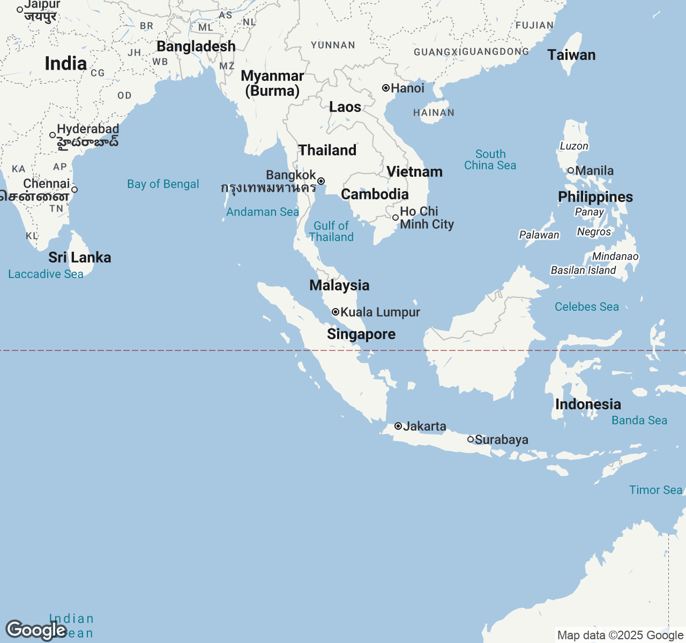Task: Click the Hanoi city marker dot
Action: point(385,88)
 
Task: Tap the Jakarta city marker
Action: point(398,426)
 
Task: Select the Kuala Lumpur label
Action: point(380,312)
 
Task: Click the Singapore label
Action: point(361,334)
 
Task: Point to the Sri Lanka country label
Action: point(80,257)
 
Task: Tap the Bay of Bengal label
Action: point(163,184)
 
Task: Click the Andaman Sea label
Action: point(262,212)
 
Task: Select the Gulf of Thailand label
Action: point(331,231)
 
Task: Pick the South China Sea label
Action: point(490,160)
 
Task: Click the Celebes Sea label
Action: point(586,306)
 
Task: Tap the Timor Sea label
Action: point(655,490)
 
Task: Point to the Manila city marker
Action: point(571,170)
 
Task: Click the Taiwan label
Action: point(571,55)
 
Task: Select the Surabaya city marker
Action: point(471,439)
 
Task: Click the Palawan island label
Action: point(539,235)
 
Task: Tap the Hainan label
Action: point(434,113)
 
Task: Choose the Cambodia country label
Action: point(375,194)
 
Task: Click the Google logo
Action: point(36,630)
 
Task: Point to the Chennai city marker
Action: point(74,190)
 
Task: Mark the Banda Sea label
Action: point(639,420)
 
